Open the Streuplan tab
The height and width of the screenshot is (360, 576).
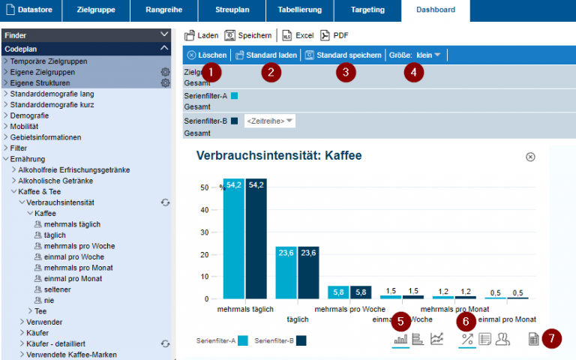pyautogui.click(x=232, y=10)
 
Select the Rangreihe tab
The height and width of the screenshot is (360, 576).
pyautogui.click(x=163, y=10)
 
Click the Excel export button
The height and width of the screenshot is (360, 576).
pyautogui.click(x=298, y=35)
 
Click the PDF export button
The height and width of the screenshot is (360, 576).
pyautogui.click(x=334, y=35)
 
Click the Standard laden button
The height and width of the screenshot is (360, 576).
pyautogui.click(x=265, y=55)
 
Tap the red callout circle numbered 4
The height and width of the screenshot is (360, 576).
pyautogui.click(x=413, y=72)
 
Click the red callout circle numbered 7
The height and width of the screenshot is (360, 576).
pyautogui.click(x=552, y=338)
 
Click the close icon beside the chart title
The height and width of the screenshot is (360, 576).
pyautogui.click(x=530, y=157)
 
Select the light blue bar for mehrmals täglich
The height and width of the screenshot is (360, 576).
pyautogui.click(x=234, y=238)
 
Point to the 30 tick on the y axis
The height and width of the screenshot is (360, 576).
pyautogui.click(x=204, y=232)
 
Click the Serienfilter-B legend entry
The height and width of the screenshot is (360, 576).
pyautogui.click(x=280, y=340)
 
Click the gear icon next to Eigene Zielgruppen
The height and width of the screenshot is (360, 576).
pyautogui.click(x=165, y=72)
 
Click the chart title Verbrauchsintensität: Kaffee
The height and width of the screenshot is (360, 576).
pyautogui.click(x=279, y=156)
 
